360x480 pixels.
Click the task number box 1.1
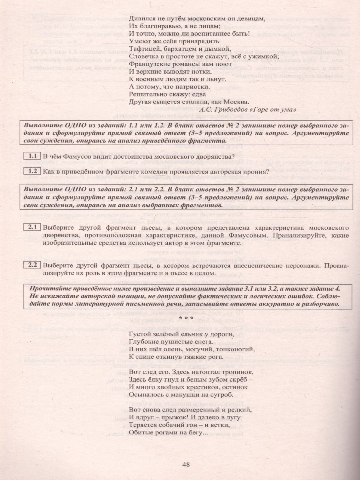pos(32,156)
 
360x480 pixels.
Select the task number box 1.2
pos(32,172)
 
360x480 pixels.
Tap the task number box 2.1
pos(32,228)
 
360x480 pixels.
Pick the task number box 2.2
pos(32,265)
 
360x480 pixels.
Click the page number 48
pos(186,464)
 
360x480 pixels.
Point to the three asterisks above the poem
pos(186,318)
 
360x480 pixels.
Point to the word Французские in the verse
pos(148,64)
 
